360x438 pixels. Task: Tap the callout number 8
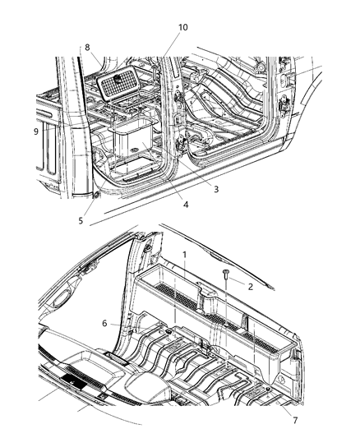(87, 48)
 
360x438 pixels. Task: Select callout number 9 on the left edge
(35, 131)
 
